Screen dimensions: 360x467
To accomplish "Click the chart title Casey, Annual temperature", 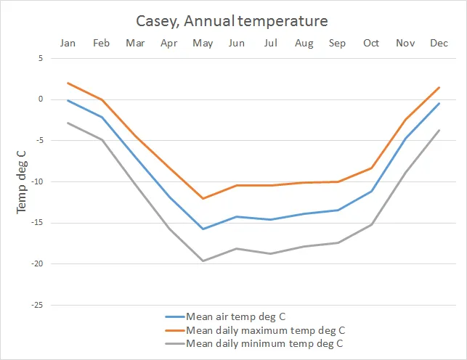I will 232,20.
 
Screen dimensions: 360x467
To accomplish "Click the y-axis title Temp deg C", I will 22,181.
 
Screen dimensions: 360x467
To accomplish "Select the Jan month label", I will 68,44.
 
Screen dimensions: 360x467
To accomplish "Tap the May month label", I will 203,44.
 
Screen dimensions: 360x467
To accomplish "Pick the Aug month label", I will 304,44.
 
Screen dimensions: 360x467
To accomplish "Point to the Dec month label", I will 439,44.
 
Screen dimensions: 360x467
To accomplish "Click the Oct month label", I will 371,44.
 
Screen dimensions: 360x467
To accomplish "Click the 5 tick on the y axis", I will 41,58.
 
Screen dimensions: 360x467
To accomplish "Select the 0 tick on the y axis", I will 41,99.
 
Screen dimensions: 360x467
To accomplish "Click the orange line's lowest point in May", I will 203,198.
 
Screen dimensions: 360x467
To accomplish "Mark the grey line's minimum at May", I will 203,261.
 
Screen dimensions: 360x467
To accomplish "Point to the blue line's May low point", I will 203,229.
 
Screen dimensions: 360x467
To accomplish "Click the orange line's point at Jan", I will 68,83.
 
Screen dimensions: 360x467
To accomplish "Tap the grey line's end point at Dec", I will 439,130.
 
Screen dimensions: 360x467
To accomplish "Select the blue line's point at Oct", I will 371,191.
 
